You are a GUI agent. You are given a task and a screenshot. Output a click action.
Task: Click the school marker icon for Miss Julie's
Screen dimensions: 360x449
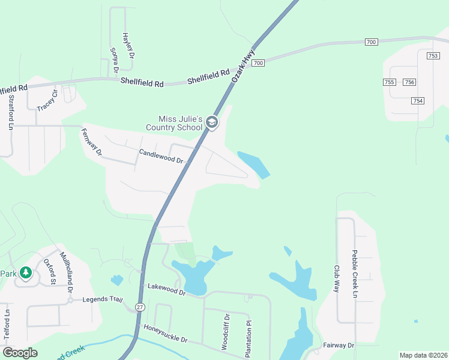[x=211, y=122]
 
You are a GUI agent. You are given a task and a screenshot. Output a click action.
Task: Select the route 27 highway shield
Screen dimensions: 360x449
[x=140, y=307]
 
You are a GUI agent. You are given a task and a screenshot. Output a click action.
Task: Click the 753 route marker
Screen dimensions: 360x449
[x=433, y=55]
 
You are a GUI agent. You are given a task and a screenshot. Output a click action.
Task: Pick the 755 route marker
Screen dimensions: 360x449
[x=390, y=82]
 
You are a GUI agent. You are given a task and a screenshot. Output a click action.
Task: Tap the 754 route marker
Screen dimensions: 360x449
[x=418, y=100]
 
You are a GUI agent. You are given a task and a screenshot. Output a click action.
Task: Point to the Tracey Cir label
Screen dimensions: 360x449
[x=49, y=100]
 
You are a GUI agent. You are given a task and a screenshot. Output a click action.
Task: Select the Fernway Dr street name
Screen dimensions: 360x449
[x=92, y=142]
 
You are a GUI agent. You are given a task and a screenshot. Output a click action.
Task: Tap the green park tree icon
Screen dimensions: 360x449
[x=25, y=274]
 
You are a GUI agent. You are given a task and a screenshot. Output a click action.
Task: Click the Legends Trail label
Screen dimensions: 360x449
[x=102, y=299]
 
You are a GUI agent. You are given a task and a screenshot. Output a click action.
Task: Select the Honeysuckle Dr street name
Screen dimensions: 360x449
[x=166, y=334]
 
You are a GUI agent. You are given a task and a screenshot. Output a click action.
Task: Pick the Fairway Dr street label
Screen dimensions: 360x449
[x=340, y=345]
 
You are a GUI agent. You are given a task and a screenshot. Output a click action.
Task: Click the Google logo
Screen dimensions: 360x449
[x=20, y=353]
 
